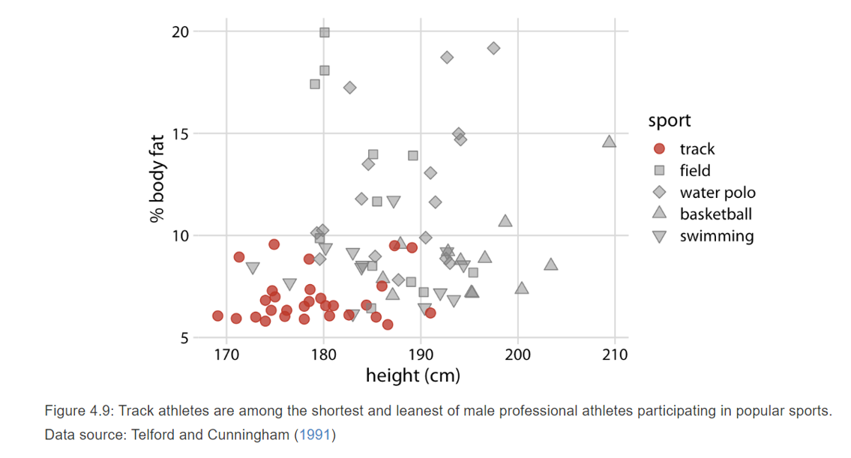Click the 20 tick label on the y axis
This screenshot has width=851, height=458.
180,31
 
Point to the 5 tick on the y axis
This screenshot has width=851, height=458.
184,338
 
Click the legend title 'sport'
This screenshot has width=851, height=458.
670,120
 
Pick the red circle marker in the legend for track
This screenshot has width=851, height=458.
660,149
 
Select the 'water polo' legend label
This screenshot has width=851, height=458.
718,193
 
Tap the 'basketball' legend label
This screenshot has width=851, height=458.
715,214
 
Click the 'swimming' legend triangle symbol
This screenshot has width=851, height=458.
660,236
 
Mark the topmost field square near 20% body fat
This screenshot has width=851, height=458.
325,32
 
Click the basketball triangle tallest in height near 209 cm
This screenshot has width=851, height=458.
610,142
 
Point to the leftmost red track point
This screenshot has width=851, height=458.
217,316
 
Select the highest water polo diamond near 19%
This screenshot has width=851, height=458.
493,48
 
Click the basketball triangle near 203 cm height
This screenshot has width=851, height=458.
551,264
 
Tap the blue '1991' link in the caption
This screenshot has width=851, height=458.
315,435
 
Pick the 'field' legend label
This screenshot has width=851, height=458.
695,171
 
